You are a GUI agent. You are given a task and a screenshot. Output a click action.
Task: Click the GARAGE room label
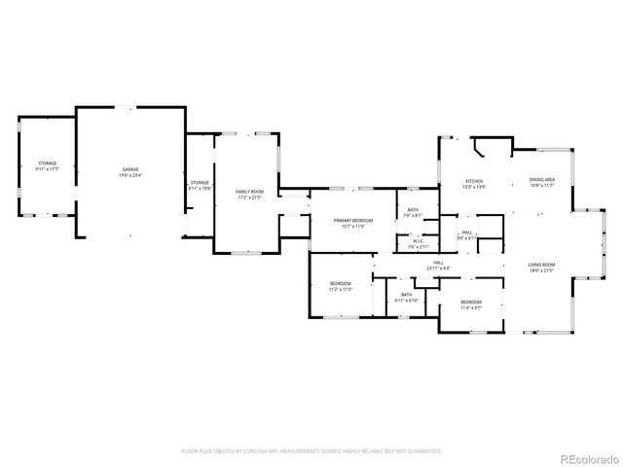[x=130, y=169]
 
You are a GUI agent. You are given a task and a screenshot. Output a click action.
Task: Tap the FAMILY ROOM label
[x=250, y=192]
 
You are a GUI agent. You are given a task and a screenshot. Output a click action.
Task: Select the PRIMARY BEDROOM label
[x=353, y=221]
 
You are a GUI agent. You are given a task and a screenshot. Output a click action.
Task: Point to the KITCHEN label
[x=474, y=180]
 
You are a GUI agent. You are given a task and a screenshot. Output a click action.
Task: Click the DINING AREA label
[x=542, y=179]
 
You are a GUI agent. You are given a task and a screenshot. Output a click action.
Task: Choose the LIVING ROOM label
[x=541, y=265]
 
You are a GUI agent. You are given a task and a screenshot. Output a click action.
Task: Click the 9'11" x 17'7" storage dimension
[x=47, y=169]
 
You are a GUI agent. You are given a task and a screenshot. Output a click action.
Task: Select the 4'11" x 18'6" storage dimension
[x=200, y=189]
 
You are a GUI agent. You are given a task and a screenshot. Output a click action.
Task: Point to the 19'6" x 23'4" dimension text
[x=130, y=176]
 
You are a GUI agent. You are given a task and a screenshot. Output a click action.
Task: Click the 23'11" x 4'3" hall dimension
[x=438, y=268]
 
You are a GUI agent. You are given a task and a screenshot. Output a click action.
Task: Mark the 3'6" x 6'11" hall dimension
[x=467, y=237]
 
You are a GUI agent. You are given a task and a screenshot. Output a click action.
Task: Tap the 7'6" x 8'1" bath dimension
[x=413, y=215]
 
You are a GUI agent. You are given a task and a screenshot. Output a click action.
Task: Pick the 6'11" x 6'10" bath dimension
[x=406, y=301]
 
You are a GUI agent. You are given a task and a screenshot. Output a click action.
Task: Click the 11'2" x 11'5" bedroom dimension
[x=340, y=289]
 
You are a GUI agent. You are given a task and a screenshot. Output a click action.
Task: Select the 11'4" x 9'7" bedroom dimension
[x=471, y=307]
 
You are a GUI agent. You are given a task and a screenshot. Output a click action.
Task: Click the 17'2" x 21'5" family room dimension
[x=250, y=198]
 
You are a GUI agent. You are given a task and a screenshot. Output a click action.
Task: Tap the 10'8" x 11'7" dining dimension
[x=542, y=185]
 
